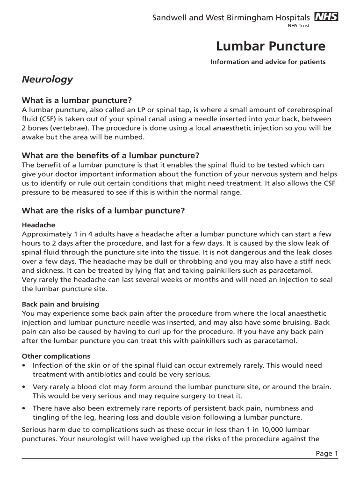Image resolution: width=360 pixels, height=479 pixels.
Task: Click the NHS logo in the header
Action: coord(326,17)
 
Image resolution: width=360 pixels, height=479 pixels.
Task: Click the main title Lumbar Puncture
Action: coord(271,46)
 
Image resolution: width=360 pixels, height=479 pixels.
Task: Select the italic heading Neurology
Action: coord(47,79)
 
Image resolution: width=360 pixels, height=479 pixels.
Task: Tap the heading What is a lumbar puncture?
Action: coord(77,101)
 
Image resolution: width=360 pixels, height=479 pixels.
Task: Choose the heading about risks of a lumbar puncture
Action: coord(103,210)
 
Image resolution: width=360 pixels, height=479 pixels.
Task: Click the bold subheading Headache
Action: coord(38,225)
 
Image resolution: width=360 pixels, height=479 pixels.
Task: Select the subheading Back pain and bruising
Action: coord(60,304)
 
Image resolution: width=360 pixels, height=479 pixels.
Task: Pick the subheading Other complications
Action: coord(56,356)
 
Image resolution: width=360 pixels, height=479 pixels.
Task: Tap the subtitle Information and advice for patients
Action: coord(268,62)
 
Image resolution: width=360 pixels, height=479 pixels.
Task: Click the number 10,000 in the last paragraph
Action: coord(271,429)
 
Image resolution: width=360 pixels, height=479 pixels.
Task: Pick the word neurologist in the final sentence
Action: coord(83,439)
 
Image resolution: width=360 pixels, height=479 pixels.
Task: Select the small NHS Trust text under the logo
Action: coord(298,26)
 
